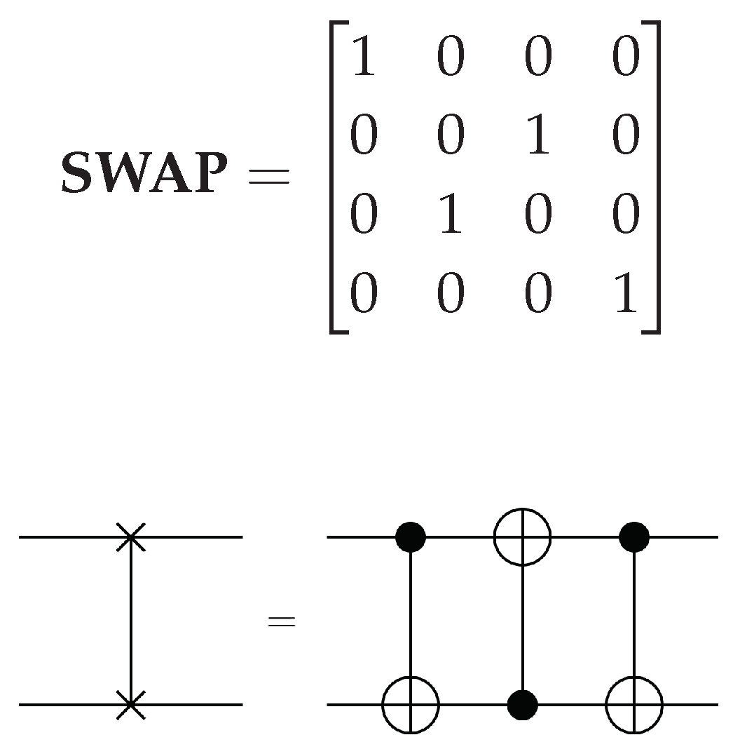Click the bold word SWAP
coord(144,174)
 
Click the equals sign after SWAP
coord(268,175)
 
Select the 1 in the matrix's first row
coord(363,58)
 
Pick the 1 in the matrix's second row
coord(537,136)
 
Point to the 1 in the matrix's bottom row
coord(625,294)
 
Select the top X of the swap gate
coord(130,537)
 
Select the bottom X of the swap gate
coord(130,703)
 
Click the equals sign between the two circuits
coord(282,621)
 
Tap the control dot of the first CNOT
coord(411,537)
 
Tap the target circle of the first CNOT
coord(411,703)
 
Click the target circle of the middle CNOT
coord(523,537)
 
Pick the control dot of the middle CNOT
coord(523,703)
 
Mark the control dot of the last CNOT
coord(635,537)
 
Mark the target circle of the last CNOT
coord(635,703)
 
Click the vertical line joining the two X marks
coord(130,621)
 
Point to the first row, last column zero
coord(625,58)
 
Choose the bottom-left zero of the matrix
coord(363,294)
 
